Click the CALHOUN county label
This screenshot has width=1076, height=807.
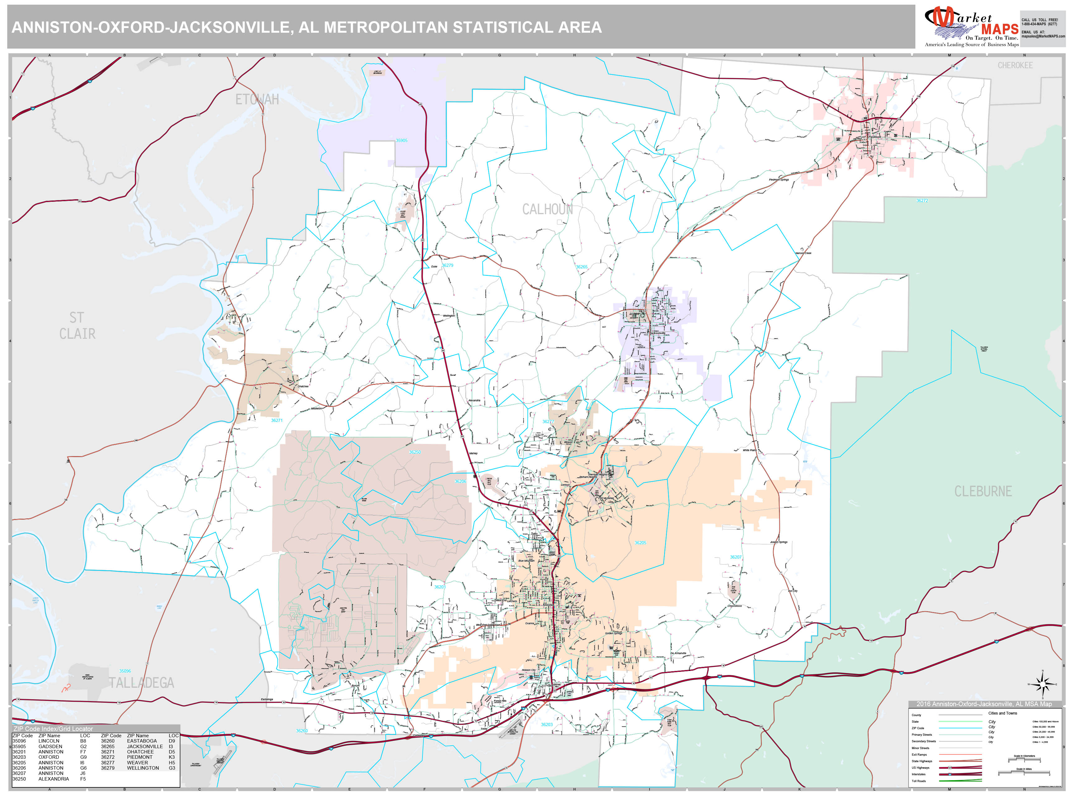click(x=547, y=210)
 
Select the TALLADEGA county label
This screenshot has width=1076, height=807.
click(x=141, y=683)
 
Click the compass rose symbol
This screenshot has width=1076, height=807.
click(x=1042, y=684)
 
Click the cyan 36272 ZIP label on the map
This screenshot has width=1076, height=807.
click(x=922, y=201)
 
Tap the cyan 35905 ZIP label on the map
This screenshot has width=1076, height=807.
click(x=401, y=141)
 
